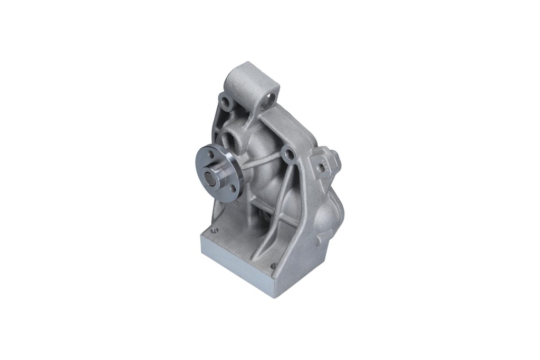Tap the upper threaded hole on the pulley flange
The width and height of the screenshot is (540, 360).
click(210, 154)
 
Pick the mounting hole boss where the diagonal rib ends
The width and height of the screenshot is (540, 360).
click(287, 154)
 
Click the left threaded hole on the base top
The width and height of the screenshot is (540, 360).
click(215, 230)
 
